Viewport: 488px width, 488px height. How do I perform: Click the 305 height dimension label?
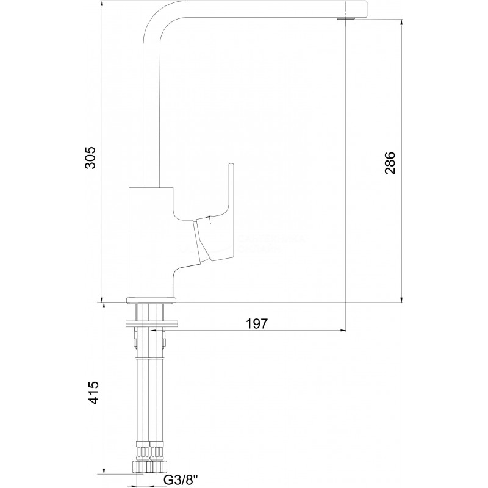point(90,157)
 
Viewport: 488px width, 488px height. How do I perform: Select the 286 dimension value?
point(390,163)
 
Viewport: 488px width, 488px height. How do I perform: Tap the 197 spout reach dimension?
point(257,323)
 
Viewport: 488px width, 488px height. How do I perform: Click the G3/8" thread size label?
point(181,479)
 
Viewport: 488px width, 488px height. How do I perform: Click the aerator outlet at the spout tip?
point(345,19)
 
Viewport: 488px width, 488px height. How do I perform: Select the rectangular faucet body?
point(151,242)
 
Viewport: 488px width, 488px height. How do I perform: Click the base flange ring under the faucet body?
point(151,300)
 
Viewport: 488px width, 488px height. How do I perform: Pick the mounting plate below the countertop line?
point(151,324)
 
